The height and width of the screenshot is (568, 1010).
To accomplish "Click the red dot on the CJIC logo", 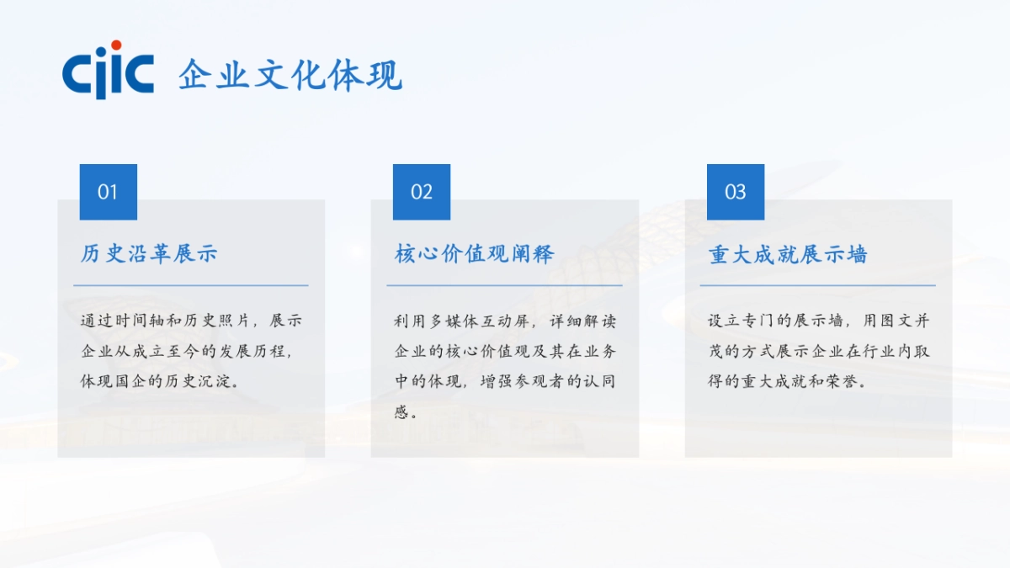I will (x=116, y=45).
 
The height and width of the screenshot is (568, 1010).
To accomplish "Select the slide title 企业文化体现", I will (x=290, y=75).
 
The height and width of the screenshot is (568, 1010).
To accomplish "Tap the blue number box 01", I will (x=108, y=192).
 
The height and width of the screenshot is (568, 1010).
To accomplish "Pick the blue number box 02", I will (x=422, y=192).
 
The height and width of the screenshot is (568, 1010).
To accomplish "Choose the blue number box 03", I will (x=736, y=192).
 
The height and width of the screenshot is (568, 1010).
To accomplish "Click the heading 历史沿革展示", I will (x=149, y=253).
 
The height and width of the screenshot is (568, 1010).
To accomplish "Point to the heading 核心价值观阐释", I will (x=475, y=253).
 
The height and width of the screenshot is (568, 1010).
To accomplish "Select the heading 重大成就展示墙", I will (x=788, y=254).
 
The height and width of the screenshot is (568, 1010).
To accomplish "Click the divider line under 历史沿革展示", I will (x=191, y=285).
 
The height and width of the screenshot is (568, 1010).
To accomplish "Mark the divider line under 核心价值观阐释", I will (x=504, y=285).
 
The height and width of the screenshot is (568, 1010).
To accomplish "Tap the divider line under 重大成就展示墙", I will (x=817, y=285).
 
